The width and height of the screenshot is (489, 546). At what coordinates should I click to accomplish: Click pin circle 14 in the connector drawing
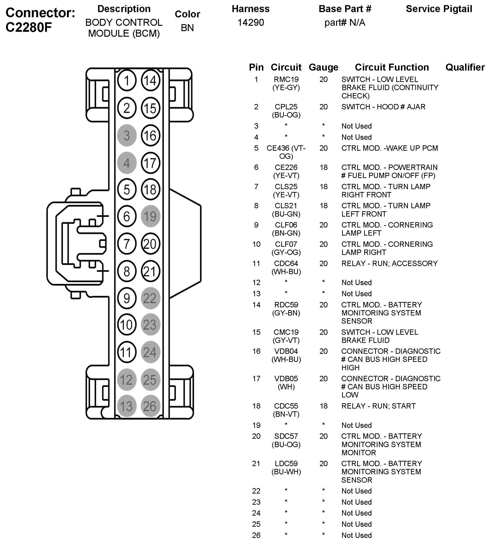coord(150,81)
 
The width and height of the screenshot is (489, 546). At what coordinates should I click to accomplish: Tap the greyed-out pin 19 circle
coord(150,216)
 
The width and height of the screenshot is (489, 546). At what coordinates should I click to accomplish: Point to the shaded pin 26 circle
coord(150,406)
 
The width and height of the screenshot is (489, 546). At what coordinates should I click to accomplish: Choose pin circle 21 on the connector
coord(150,271)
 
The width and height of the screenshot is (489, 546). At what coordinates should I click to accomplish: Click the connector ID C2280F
coord(29,27)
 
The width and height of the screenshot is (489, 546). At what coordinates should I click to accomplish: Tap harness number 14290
coord(251,22)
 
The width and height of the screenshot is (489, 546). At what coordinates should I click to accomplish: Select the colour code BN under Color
coord(187,28)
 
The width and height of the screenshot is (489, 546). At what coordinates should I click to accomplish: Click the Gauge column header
coord(324,67)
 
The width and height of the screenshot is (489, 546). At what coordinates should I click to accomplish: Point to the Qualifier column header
coord(465,67)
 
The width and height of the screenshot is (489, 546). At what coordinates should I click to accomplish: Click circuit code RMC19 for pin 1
coord(286,79)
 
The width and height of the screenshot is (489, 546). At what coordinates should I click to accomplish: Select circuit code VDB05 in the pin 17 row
coord(286,379)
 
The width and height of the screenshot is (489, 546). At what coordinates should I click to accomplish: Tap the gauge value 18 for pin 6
coord(324,167)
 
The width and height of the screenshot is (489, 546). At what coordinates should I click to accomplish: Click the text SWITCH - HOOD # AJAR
coord(383,107)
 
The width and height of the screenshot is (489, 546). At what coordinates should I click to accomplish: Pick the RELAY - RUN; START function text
coord(379,406)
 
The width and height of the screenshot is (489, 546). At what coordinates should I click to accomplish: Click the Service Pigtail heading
coord(439,9)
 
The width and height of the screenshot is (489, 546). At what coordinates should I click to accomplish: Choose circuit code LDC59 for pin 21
coord(286,463)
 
